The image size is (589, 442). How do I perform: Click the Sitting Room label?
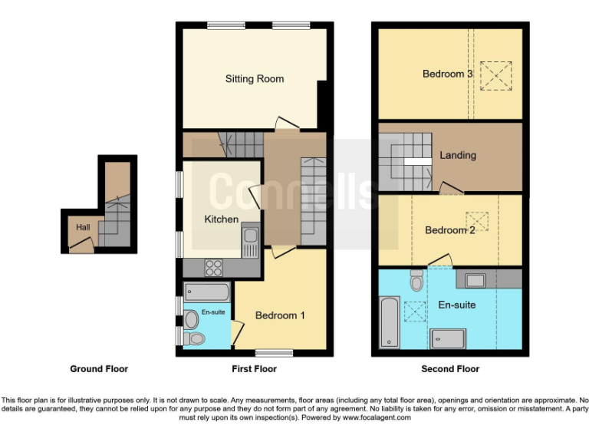(x=254, y=78)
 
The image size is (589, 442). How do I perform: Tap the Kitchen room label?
(x=221, y=219)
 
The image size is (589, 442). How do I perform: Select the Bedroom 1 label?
(x=280, y=315)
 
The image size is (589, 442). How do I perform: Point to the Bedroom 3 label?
(x=447, y=74)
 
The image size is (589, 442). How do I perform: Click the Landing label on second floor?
(x=458, y=155)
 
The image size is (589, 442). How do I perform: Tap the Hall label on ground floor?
(x=82, y=227)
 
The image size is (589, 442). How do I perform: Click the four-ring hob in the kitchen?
(x=213, y=268)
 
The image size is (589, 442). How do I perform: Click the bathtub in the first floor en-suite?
(x=207, y=292)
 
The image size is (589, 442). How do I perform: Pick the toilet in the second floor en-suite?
(x=416, y=282)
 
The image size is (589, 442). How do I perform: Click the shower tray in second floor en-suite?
(x=452, y=338)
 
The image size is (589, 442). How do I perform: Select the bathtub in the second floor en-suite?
(x=390, y=322)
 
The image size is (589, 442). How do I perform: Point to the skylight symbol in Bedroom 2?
(x=478, y=220)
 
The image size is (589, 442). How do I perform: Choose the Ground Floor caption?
(x=99, y=369)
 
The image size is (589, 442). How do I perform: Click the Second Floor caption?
(x=450, y=369)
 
